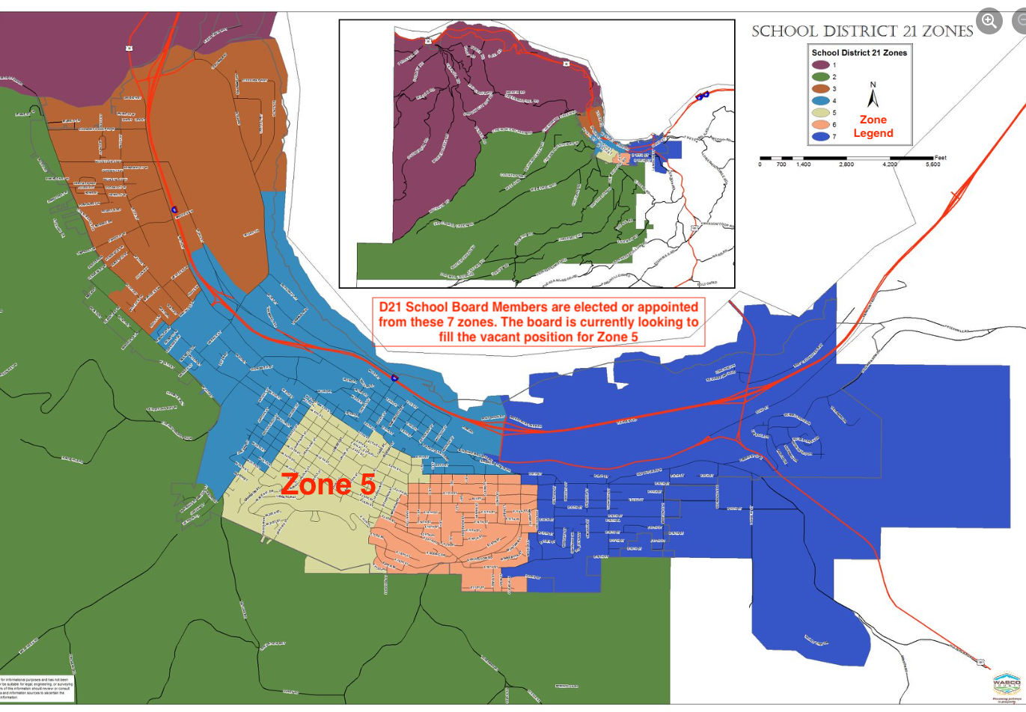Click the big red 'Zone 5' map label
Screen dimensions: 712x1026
click(328, 485)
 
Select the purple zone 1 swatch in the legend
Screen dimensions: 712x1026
click(821, 65)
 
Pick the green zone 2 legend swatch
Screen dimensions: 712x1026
click(821, 77)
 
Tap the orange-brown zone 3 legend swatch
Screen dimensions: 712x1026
click(821, 89)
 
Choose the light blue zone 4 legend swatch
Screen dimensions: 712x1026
click(821, 101)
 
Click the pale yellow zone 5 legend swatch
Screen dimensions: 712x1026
click(821, 113)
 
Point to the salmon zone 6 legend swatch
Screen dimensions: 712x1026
click(821, 125)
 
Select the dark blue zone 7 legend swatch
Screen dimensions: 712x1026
click(821, 137)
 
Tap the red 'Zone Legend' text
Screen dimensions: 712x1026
click(873, 126)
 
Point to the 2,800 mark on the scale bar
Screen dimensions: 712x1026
click(846, 164)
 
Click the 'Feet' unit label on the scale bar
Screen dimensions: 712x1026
click(941, 158)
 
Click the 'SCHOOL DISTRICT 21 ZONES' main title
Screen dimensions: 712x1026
click(862, 31)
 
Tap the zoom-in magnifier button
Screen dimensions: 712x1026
click(989, 21)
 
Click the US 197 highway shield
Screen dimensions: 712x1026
click(980, 661)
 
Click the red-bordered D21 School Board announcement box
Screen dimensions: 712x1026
click(539, 322)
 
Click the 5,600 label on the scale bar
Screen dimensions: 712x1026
click(933, 164)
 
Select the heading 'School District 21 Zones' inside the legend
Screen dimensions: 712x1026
click(859, 53)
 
